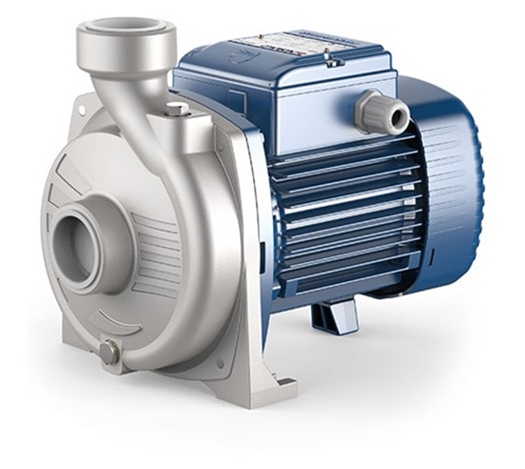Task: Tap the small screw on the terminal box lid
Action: coord(332,62)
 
